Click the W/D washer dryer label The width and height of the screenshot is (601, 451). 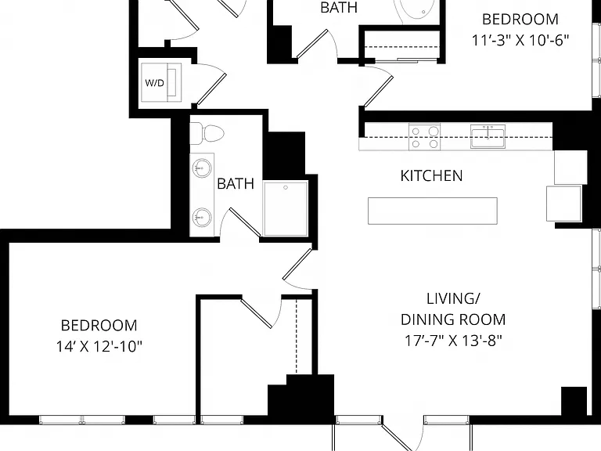pos(155,83)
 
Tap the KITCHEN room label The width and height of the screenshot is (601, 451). pos(432,175)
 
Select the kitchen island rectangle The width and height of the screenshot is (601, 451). pos(433,211)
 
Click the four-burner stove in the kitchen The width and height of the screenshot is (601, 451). pos(424,137)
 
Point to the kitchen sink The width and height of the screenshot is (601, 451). pos(488,136)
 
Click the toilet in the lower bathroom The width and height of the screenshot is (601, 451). pos(207,133)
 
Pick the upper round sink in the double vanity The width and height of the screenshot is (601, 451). pos(201,168)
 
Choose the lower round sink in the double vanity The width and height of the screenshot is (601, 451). pos(201,218)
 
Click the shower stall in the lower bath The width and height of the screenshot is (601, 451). pos(286,208)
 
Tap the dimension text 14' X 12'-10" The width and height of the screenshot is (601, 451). pos(99,347)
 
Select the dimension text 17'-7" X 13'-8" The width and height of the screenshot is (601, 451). pos(453,340)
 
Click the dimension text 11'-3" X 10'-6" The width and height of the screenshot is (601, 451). pos(520,40)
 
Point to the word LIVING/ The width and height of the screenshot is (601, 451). pos(452,298)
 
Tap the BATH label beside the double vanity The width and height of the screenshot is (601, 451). pos(236,184)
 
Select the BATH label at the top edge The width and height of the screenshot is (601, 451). pos(339,8)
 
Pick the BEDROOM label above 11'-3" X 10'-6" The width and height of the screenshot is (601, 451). pos(520,19)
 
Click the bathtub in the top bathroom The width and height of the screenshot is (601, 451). pos(416,12)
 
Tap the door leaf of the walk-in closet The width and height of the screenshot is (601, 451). pos(256,313)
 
